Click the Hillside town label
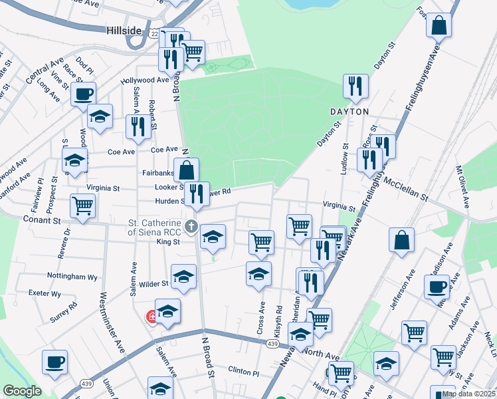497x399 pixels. point(123,31)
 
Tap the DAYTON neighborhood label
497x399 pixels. point(349,112)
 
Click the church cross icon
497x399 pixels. point(191,227)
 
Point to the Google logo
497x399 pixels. point(22,391)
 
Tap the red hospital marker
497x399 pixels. point(152,317)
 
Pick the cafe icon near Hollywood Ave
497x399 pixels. point(84,94)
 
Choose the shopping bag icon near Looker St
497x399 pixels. point(187,169)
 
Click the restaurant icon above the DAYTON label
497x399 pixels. point(355,86)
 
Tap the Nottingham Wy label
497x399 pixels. point(72,276)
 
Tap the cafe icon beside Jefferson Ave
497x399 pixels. point(437,286)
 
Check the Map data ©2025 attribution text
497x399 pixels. point(468,394)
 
